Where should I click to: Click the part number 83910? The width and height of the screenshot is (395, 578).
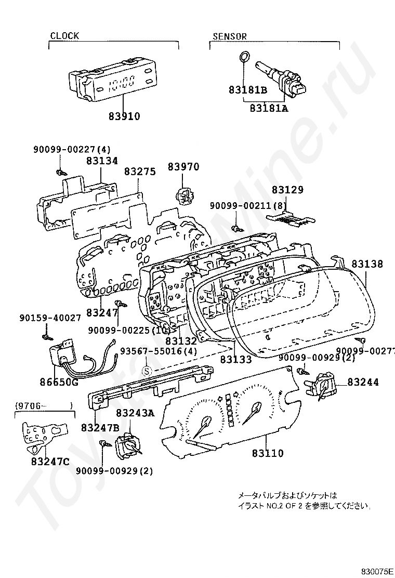point(124,116)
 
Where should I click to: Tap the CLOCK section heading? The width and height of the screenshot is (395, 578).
point(64,36)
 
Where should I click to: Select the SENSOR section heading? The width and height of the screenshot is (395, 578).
point(230,36)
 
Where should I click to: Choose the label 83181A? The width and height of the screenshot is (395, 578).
point(269,108)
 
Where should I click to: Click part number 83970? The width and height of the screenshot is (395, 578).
point(183,167)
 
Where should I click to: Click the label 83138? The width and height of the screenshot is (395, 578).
point(367,264)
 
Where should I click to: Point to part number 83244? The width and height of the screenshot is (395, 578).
point(363,382)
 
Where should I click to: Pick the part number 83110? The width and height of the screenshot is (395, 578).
point(268,453)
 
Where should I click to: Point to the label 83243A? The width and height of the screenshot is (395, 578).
point(135,413)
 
